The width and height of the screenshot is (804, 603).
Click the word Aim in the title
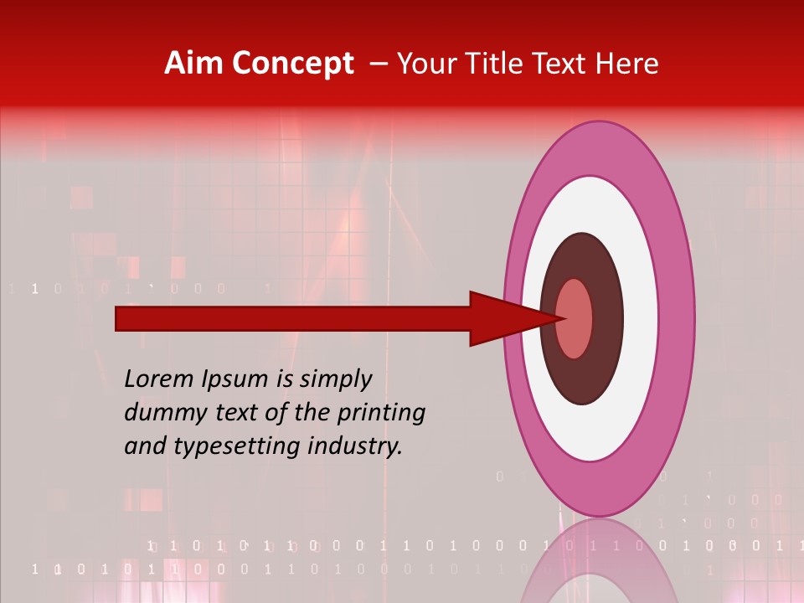tap(194, 64)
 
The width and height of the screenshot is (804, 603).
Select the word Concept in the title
tap(292, 64)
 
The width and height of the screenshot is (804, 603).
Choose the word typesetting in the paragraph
tap(222, 447)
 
